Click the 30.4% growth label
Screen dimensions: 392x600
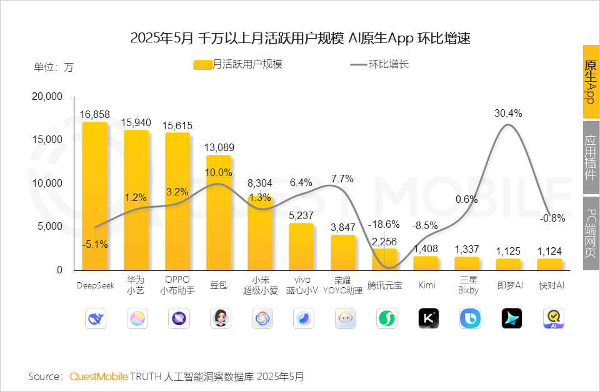tap(508, 113)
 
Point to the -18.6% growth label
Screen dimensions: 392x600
tap(383, 224)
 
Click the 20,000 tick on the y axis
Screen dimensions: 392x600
tap(47, 97)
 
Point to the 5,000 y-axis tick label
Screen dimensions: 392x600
tap(51, 227)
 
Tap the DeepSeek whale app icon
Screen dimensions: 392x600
tap(95, 318)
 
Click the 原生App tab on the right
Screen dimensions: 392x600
tap(591, 82)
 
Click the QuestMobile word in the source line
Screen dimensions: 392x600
tap(98, 377)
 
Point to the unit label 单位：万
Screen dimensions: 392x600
tap(53, 67)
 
